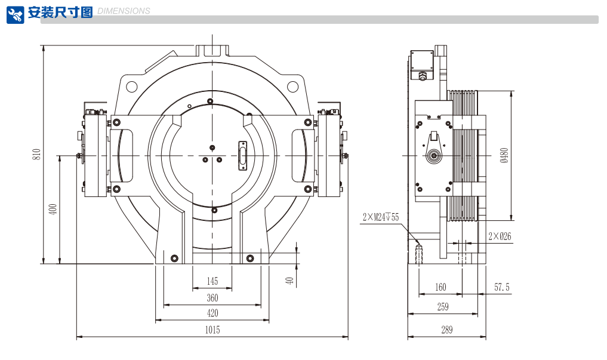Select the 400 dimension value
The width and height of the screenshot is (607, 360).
[53, 210]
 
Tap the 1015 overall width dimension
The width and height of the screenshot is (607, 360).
[212, 330]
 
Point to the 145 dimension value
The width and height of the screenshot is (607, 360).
[212, 281]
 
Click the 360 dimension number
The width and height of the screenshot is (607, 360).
[212, 298]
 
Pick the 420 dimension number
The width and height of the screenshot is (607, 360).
[212, 313]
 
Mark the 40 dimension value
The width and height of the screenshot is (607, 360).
[289, 280]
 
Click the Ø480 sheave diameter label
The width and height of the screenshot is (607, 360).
[504, 156]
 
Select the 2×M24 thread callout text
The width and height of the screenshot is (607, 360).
[380, 217]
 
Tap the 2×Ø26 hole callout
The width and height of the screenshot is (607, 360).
[500, 236]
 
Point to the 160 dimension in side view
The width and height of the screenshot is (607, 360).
[440, 287]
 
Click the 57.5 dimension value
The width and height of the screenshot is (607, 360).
[502, 287]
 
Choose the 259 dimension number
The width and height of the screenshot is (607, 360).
[443, 307]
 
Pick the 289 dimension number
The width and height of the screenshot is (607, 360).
[447, 329]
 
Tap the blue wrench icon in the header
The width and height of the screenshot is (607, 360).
[16, 14]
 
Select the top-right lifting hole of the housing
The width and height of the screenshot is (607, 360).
[292, 87]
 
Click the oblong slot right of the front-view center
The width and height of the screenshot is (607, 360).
[242, 155]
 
